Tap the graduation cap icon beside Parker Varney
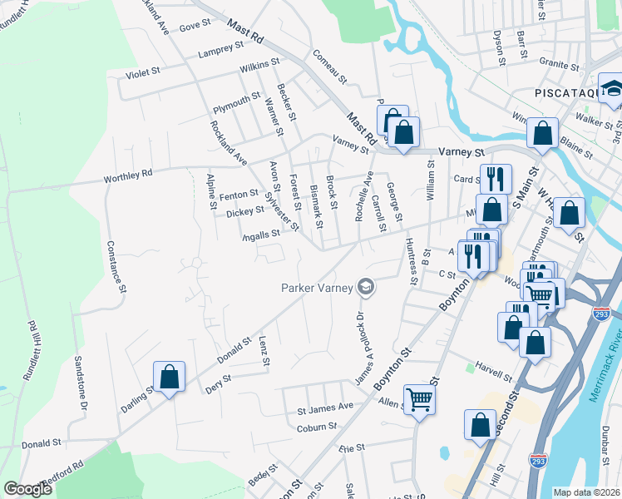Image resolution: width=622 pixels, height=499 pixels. tap(364, 288)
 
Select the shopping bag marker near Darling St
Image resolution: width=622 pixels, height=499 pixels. tap(170, 378)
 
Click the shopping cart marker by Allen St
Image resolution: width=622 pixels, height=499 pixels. tap(420, 400)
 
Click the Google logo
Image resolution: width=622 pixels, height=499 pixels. tap(27, 488)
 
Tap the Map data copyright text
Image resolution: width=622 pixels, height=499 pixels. tap(585, 492)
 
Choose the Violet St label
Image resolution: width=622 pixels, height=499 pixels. tap(142, 73)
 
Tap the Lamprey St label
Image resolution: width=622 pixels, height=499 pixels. tap(220, 53)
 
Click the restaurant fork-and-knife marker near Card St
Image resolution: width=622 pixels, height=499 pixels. tap(495, 178)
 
